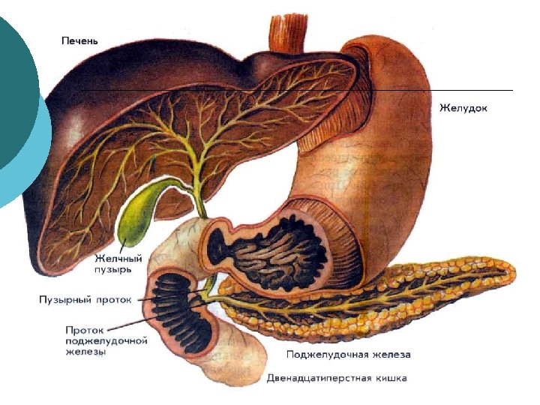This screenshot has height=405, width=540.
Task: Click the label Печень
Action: pos(79,40)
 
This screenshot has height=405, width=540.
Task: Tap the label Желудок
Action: pos(463,108)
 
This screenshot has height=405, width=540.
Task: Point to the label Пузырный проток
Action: pos(85,299)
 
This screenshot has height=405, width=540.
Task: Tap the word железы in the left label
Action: pos(85,351)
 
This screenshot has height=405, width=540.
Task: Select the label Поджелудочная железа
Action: pos(349,354)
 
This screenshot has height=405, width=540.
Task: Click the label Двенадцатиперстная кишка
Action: pos(337,378)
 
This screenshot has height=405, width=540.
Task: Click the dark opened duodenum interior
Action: pos(180,311)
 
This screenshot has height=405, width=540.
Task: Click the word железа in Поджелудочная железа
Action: pos(391,354)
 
